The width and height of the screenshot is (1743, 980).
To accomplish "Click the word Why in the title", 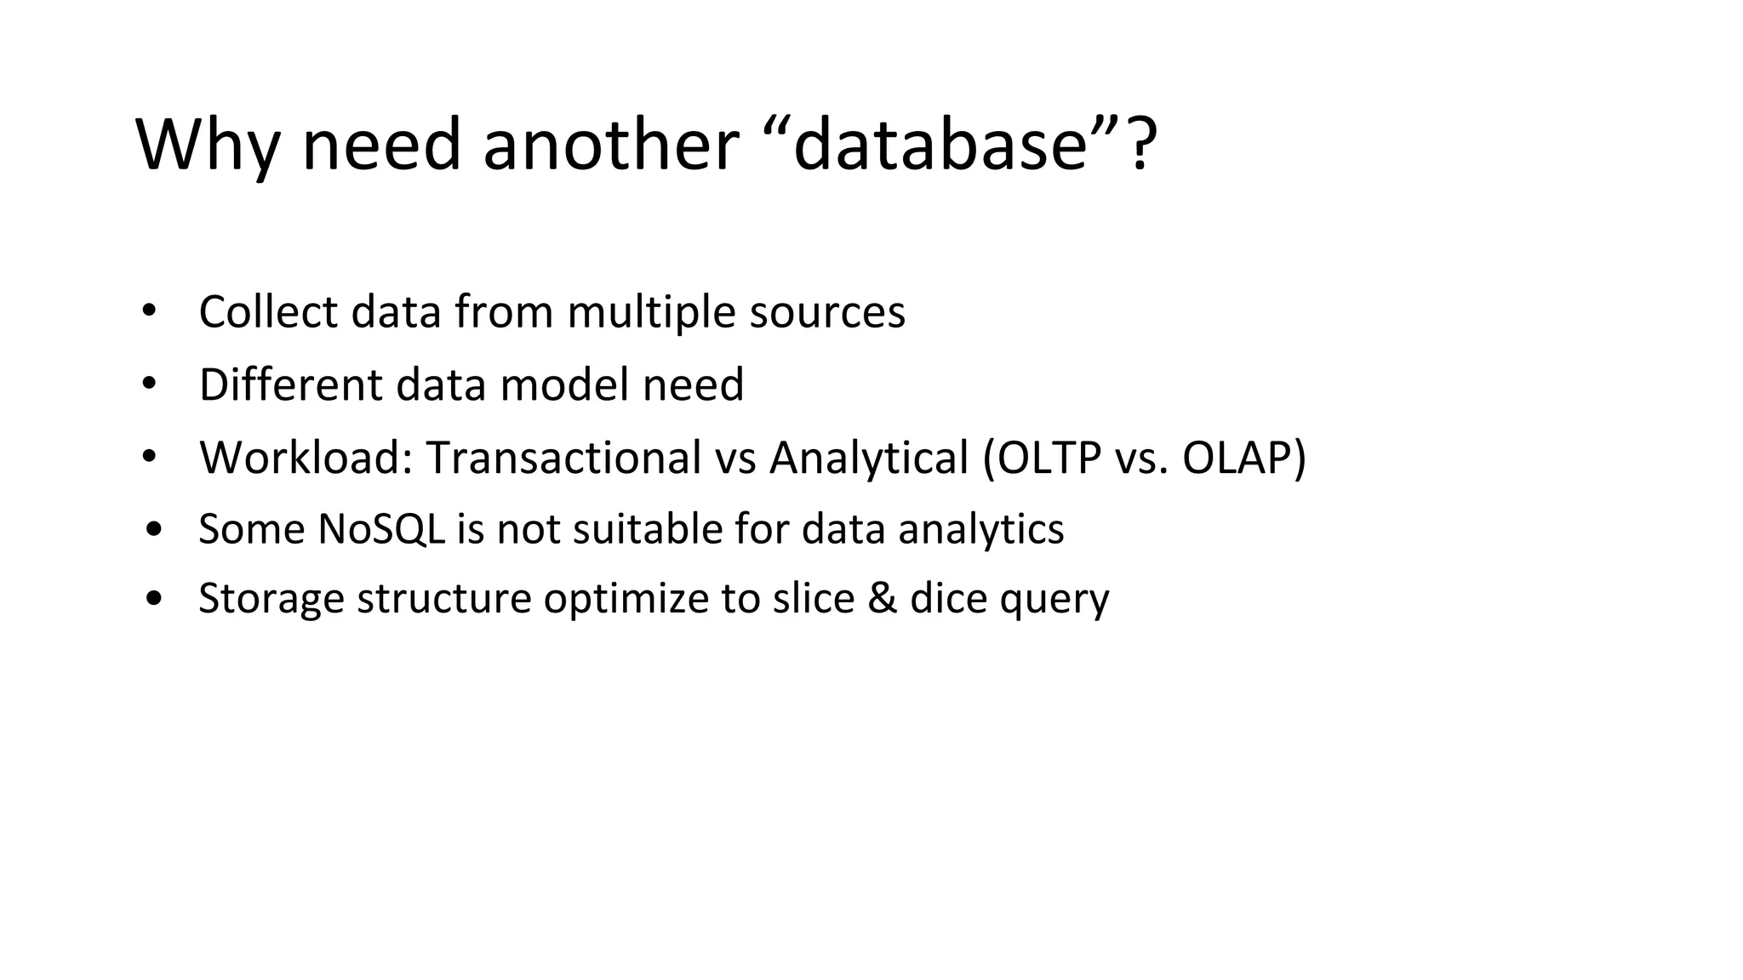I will click(x=207, y=145).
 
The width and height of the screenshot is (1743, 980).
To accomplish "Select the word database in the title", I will click(x=940, y=145).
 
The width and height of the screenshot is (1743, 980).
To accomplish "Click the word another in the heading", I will click(x=609, y=145).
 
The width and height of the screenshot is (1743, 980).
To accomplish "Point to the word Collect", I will click(x=268, y=311).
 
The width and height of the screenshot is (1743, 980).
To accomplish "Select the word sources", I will click(x=827, y=313).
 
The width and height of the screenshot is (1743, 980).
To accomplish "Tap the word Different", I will click(x=290, y=385).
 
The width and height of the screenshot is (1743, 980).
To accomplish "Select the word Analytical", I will click(x=869, y=458).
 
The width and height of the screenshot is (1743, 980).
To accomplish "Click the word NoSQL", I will click(x=380, y=529).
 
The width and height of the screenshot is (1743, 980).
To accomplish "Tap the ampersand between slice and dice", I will click(x=883, y=598).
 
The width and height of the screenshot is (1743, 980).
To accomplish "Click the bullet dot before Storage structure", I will click(x=153, y=599).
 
